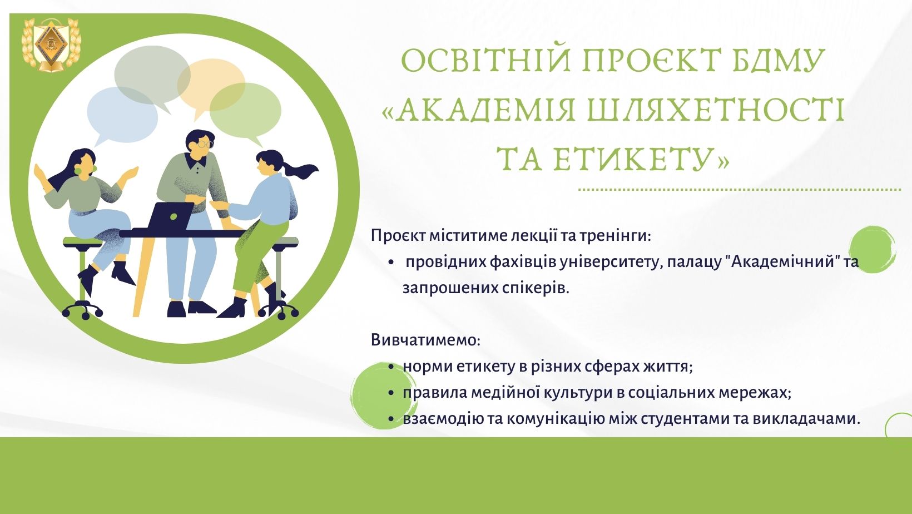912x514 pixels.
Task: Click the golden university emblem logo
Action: (x=51, y=45)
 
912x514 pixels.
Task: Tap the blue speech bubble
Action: (x=122, y=116)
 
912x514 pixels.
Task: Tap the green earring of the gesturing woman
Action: (x=95, y=168)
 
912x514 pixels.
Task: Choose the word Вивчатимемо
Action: (x=425, y=340)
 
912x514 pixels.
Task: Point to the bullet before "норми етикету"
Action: (x=391, y=367)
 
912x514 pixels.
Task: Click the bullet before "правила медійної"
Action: (x=391, y=393)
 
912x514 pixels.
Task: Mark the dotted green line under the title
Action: (x=740, y=190)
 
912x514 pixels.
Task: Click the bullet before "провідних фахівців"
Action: (x=391, y=263)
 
